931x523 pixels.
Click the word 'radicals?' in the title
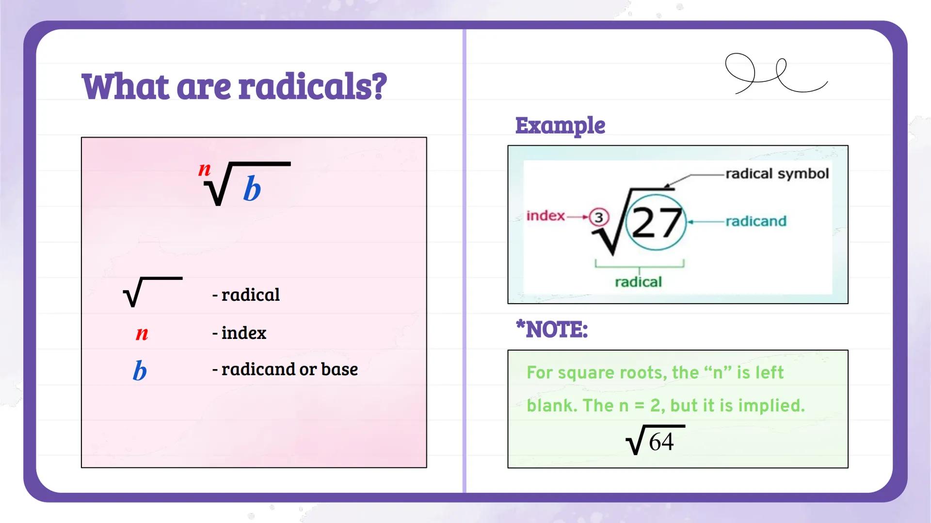(313, 87)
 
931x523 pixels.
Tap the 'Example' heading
(560, 125)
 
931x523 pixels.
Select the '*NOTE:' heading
(552, 330)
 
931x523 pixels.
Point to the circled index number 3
(599, 217)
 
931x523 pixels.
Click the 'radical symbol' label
(777, 174)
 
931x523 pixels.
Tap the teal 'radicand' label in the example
(756, 221)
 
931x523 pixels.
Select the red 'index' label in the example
(546, 215)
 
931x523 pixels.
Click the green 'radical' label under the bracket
(638, 282)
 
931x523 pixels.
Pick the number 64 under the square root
(661, 442)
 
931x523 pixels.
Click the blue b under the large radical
(252, 189)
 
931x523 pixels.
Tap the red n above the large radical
(205, 169)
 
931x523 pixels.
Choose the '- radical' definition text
(246, 295)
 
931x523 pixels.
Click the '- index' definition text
(239, 333)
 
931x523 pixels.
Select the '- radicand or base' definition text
(285, 369)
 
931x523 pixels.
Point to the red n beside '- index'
(142, 333)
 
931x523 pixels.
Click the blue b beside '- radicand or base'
(140, 371)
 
